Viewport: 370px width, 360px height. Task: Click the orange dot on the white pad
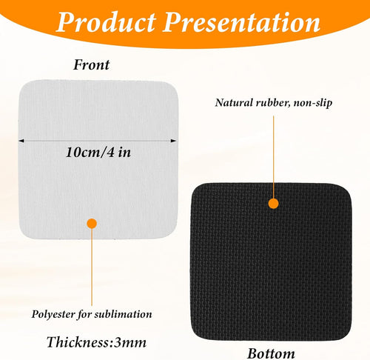point(92,222)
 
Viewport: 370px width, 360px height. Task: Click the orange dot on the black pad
point(273,202)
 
